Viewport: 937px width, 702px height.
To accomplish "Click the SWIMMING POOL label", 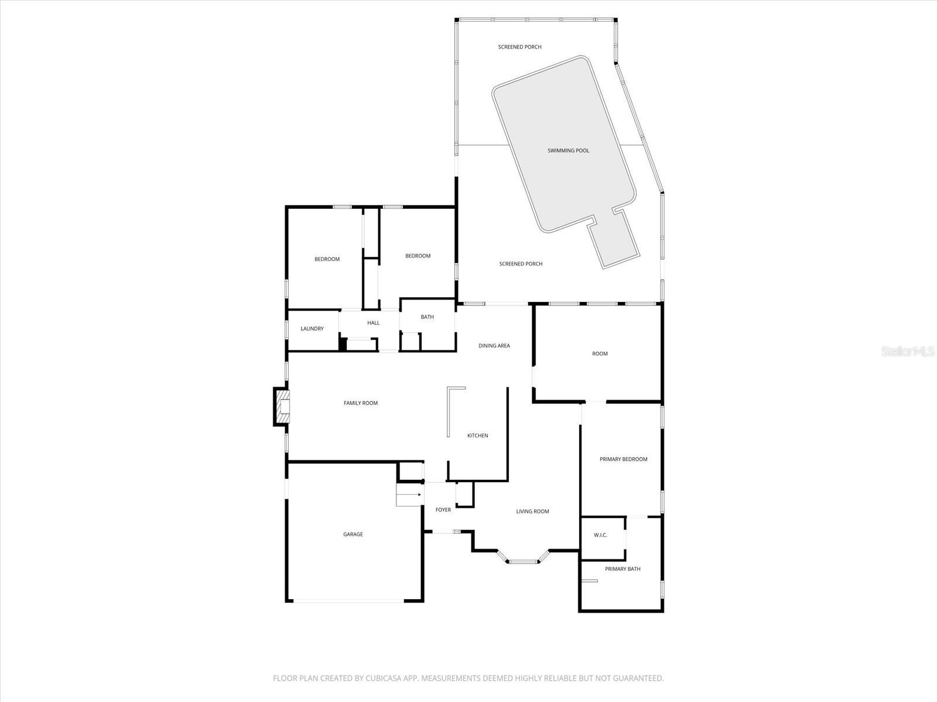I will [x=568, y=151].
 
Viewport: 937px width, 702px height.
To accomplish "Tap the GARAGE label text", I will [x=353, y=534].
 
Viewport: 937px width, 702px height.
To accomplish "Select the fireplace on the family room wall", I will [x=282, y=406].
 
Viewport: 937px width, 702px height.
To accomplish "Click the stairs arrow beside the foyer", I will [x=410, y=495].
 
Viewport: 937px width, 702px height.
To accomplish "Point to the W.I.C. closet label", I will [x=600, y=535].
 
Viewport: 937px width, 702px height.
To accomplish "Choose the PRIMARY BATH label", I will [x=623, y=569].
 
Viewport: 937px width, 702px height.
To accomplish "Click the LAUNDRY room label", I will [x=312, y=329].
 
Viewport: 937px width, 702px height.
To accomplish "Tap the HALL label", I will [x=373, y=323].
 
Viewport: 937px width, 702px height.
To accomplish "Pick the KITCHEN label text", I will [x=477, y=435].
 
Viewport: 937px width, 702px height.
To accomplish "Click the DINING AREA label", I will [x=494, y=346].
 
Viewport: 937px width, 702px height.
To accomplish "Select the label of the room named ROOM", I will [x=600, y=353].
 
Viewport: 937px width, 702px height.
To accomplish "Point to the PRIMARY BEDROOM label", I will [x=623, y=459].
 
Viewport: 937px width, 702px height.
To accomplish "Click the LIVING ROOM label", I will [x=532, y=511].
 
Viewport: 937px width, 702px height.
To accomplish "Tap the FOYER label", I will [x=443, y=510].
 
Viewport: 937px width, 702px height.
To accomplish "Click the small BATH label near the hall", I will [x=427, y=317].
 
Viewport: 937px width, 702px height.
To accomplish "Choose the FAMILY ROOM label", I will [x=360, y=403].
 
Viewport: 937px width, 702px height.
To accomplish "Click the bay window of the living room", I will [x=522, y=560].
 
